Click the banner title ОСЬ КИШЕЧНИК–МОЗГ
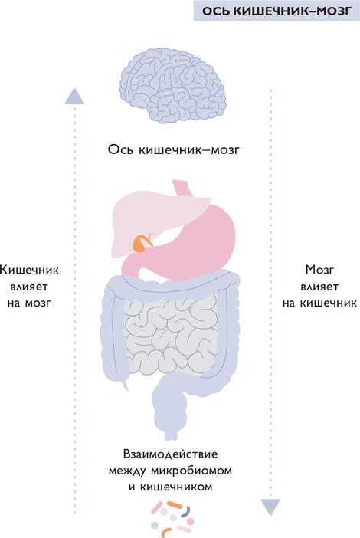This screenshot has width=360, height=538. click(x=277, y=11)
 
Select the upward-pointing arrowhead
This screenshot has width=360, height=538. click(x=74, y=96)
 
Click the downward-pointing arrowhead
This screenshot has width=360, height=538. click(x=270, y=507)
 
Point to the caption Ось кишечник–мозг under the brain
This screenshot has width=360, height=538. click(x=173, y=150)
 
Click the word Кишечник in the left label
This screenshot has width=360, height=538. click(x=29, y=270)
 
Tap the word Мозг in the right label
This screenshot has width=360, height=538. click(x=319, y=270)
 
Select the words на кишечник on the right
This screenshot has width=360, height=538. click(x=319, y=303)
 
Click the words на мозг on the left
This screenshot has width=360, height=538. click(x=29, y=303)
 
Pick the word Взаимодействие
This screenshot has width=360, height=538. click(x=170, y=454)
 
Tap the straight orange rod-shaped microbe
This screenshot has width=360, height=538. click(x=174, y=504)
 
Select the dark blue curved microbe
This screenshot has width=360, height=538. click(x=186, y=512)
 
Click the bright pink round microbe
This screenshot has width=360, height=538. click(x=190, y=522)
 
